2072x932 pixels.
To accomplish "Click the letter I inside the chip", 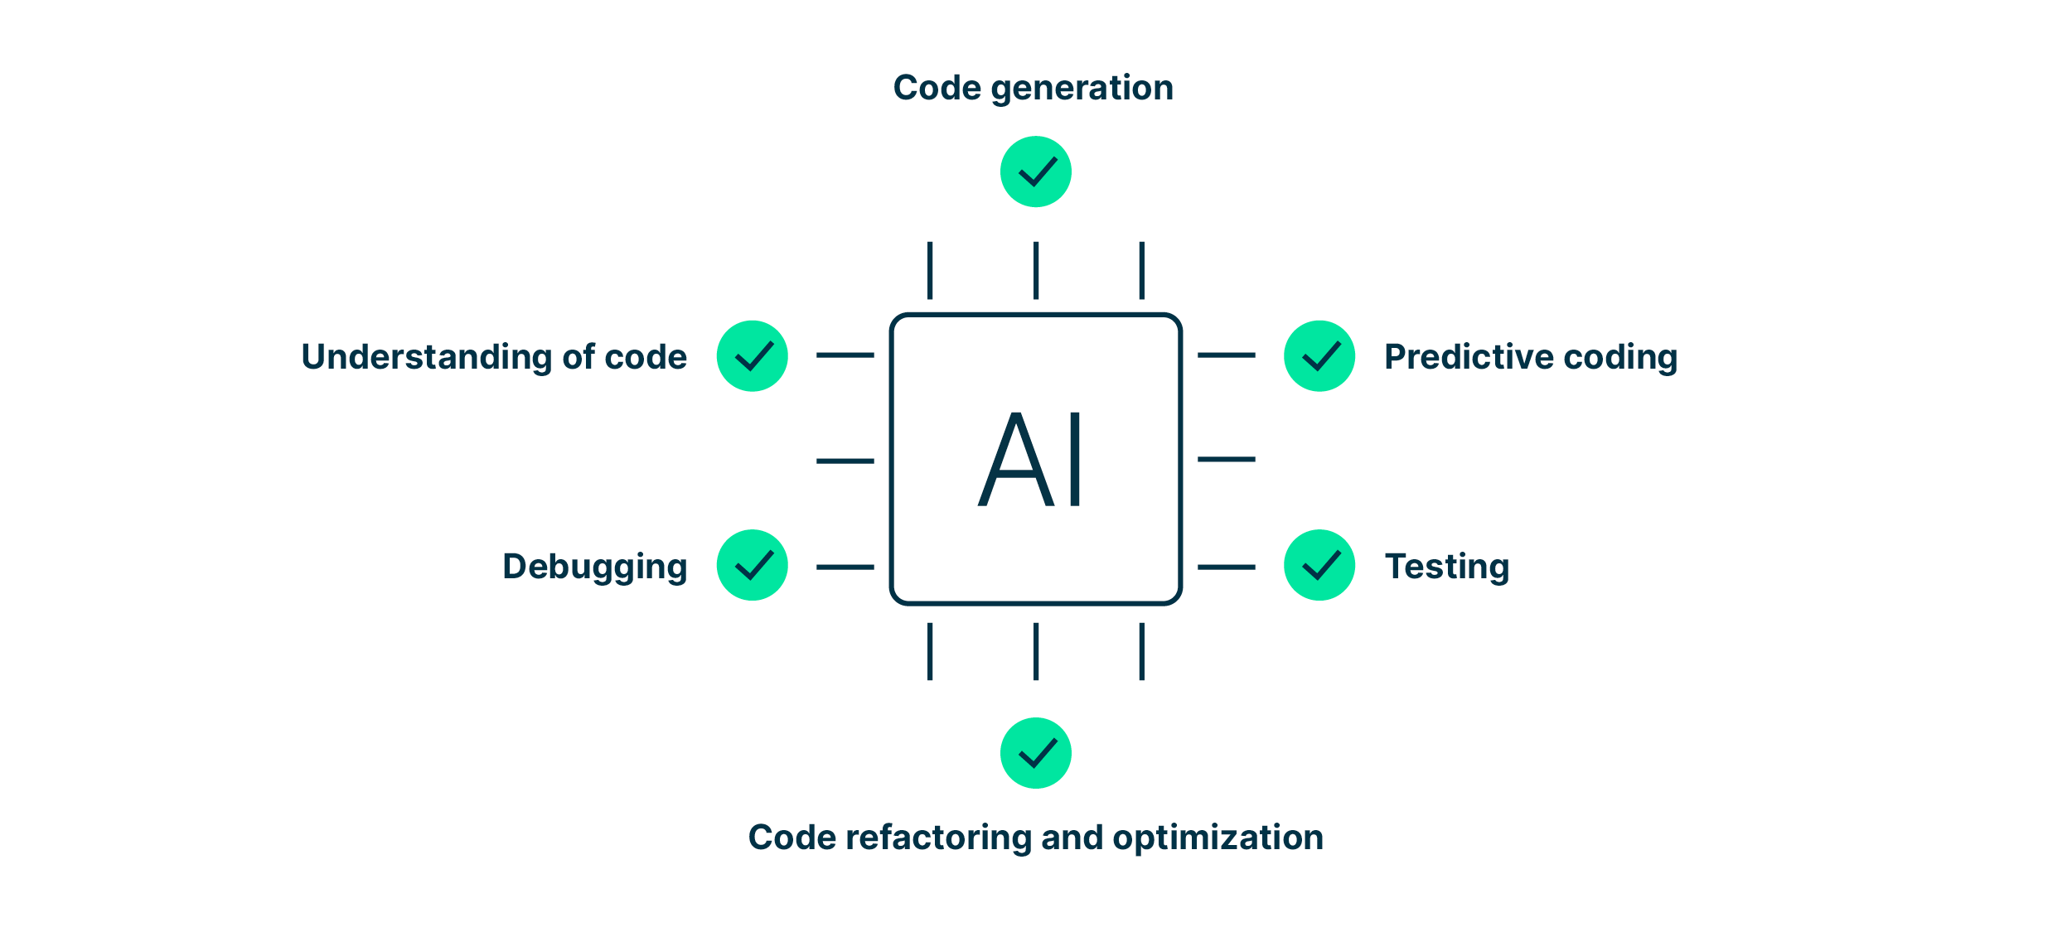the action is click(1075, 460).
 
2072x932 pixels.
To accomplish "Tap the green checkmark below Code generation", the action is click(1035, 171).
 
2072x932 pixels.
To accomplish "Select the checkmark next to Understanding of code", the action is click(752, 356).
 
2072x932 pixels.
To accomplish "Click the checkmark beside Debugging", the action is click(752, 565).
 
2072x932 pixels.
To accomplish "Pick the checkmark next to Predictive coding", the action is click(1319, 356).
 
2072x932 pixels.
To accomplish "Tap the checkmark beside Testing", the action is click(1319, 565).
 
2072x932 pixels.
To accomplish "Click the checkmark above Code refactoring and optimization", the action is click(1035, 753).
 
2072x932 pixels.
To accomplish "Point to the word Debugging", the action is click(594, 567).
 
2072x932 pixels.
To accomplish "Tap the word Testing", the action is click(1446, 567).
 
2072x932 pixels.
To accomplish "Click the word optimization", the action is click(1218, 838).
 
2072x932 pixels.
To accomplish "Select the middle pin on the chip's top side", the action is click(1035, 270).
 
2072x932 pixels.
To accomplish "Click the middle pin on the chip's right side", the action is click(1226, 459).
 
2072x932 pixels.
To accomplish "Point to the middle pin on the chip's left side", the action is click(845, 461).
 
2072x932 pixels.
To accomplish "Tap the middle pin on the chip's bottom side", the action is click(1035, 651).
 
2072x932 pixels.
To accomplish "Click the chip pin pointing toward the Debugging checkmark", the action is click(845, 567).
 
